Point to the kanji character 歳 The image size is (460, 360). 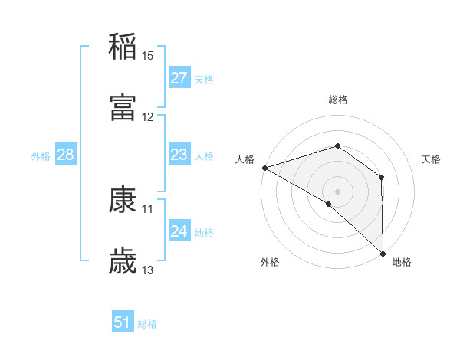[123, 261]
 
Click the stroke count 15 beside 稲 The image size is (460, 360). [148, 56]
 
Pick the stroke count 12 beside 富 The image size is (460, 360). [148, 117]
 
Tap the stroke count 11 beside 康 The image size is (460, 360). [148, 208]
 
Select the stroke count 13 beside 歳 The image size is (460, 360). [148, 270]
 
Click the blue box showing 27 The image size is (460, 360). [179, 78]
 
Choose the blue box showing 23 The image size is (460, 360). [179, 155]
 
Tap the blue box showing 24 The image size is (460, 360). [179, 231]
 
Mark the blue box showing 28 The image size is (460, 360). [66, 155]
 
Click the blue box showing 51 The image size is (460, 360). [123, 322]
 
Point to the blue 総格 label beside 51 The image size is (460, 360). [147, 324]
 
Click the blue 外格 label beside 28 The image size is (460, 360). [41, 156]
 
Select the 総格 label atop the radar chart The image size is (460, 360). [338, 100]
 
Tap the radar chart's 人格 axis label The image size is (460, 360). [245, 159]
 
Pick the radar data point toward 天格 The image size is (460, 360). [381, 178]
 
